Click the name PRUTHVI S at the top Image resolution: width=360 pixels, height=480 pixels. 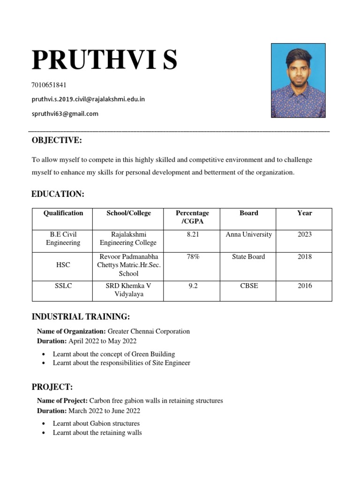[x=104, y=60]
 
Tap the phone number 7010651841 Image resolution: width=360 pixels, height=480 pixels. [x=49, y=85]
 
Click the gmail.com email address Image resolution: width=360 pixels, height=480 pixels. [x=65, y=113]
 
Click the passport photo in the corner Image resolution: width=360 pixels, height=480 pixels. [x=298, y=80]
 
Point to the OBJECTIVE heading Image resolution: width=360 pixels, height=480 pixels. [x=57, y=140]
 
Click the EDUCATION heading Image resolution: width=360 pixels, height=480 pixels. [x=58, y=194]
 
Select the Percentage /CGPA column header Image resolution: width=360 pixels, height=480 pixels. [x=192, y=217]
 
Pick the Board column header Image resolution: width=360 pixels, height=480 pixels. [x=248, y=213]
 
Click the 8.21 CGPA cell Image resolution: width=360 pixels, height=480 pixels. [x=193, y=234]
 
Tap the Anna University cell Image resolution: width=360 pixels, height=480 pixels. [x=248, y=234]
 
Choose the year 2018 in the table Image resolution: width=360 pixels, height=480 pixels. [x=304, y=256]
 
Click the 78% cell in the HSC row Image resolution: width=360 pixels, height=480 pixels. [x=193, y=256]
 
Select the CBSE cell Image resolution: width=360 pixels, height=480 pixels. [x=248, y=285]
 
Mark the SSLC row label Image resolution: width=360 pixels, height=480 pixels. [x=63, y=285]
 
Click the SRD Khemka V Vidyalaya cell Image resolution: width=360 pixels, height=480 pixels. [x=128, y=290]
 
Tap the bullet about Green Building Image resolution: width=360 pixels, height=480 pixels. [x=113, y=354]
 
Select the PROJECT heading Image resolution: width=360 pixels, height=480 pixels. [x=52, y=387]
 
